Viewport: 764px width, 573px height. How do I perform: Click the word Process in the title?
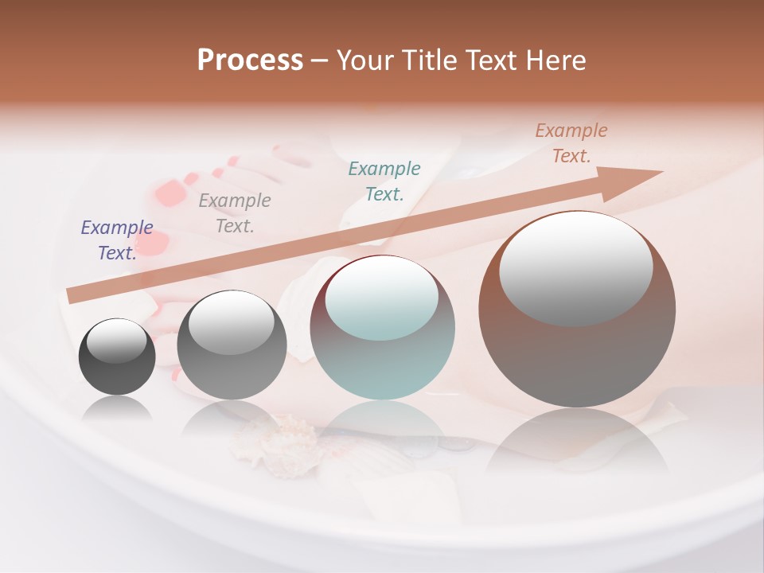(x=250, y=60)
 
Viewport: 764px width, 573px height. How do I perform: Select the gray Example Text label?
(x=234, y=213)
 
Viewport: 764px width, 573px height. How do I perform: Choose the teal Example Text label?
(x=384, y=181)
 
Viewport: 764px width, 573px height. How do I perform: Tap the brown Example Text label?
(x=571, y=143)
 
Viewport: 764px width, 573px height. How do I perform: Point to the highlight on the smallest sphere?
(x=116, y=341)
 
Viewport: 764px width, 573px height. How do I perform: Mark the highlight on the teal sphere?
(x=382, y=298)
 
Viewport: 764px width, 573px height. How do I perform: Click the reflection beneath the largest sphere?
(x=577, y=442)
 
